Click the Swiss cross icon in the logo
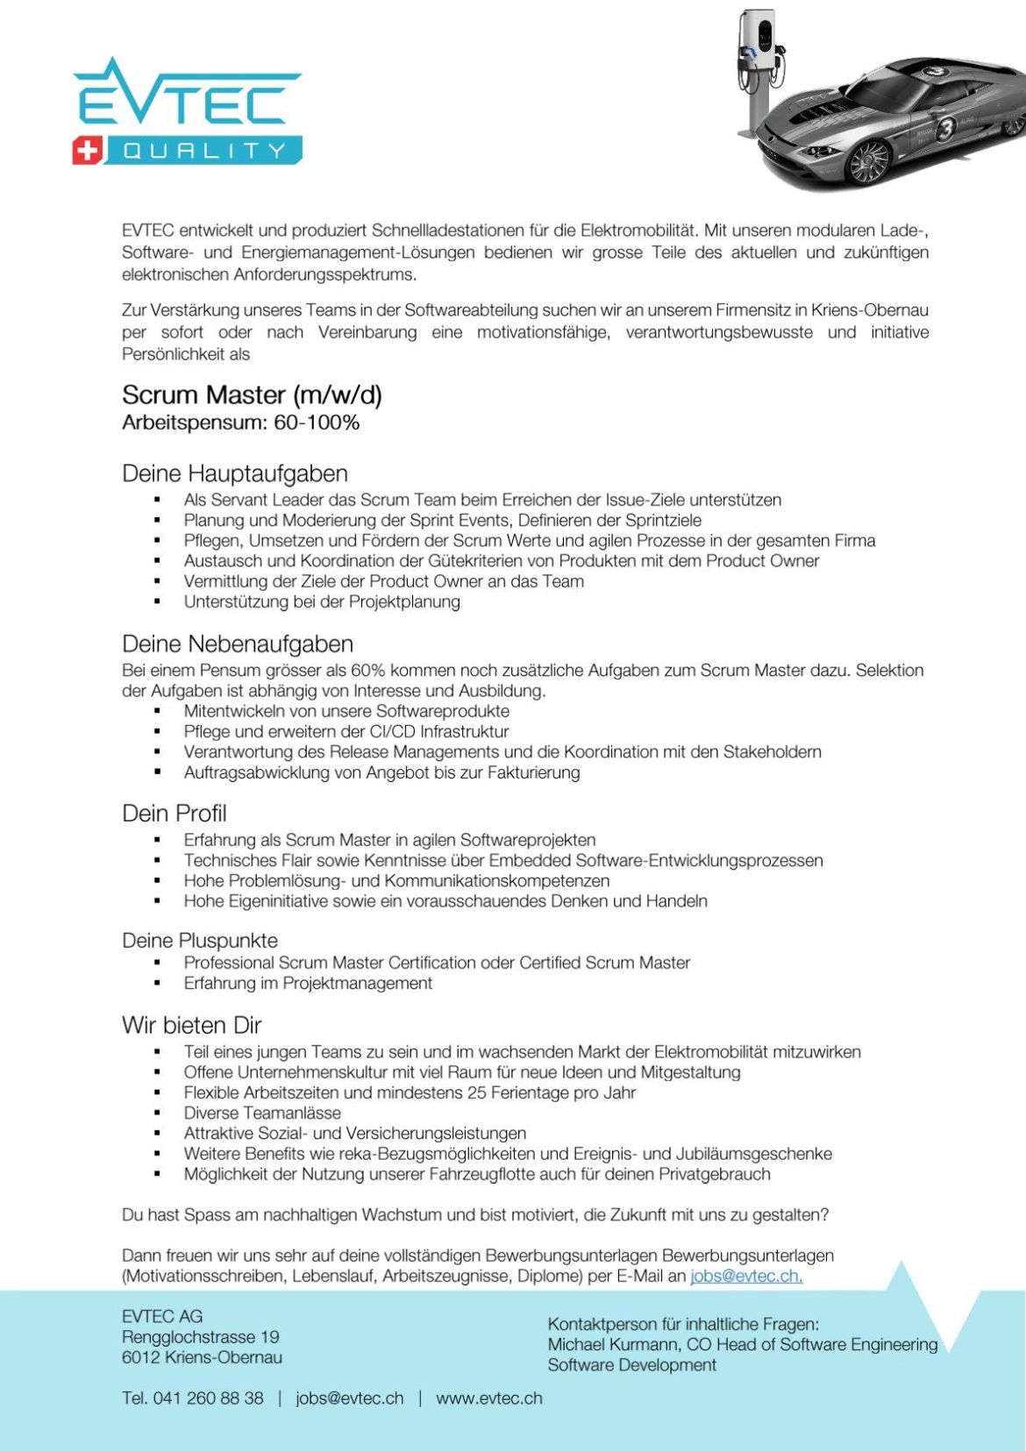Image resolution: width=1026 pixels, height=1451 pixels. tap(87, 151)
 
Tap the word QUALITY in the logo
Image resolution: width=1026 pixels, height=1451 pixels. tap(204, 151)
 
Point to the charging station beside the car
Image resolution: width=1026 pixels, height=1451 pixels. tap(759, 70)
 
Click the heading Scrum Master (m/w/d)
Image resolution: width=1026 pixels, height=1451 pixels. tap(252, 395)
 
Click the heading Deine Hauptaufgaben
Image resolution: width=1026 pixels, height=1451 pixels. tap(235, 473)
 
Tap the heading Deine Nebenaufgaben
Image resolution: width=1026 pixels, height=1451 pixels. tap(238, 644)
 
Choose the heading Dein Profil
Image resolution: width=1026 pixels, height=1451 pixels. tap(174, 813)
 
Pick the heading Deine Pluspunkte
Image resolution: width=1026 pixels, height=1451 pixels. tap(200, 941)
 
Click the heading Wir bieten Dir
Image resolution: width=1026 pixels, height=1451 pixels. tap(191, 1025)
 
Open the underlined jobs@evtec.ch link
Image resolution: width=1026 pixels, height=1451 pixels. tap(746, 1276)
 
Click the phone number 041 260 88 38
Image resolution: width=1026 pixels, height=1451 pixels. tap(208, 1398)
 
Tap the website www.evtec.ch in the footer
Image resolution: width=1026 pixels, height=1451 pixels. tap(488, 1398)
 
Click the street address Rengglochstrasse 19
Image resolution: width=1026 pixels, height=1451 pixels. tap(200, 1337)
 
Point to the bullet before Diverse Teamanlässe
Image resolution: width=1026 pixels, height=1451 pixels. tap(157, 1113)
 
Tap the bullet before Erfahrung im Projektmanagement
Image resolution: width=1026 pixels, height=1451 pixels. tap(157, 984)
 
